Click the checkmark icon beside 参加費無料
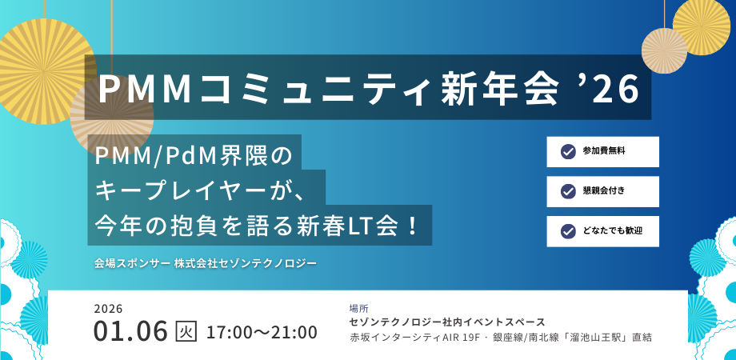(x=568, y=151)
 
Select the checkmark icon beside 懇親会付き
(x=568, y=191)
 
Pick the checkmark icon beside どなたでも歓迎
(x=568, y=231)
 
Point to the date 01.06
(x=130, y=330)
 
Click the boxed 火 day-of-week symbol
(x=186, y=330)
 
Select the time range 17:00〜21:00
(x=262, y=331)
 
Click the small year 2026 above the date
(x=108, y=308)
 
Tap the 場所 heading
(x=359, y=307)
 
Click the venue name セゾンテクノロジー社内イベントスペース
(x=447, y=322)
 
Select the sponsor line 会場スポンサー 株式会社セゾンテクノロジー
(x=206, y=262)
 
